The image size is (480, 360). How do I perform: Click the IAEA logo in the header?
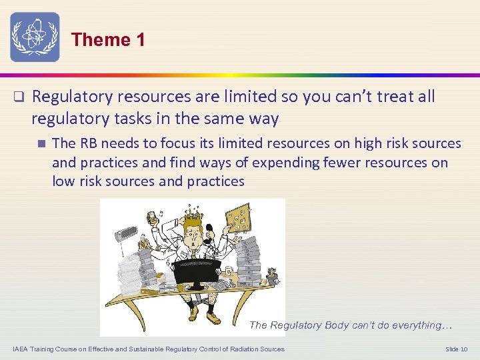35,37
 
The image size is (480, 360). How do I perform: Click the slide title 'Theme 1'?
108,40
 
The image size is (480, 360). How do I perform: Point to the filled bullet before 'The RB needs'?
41,143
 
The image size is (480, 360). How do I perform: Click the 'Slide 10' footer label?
457,349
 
